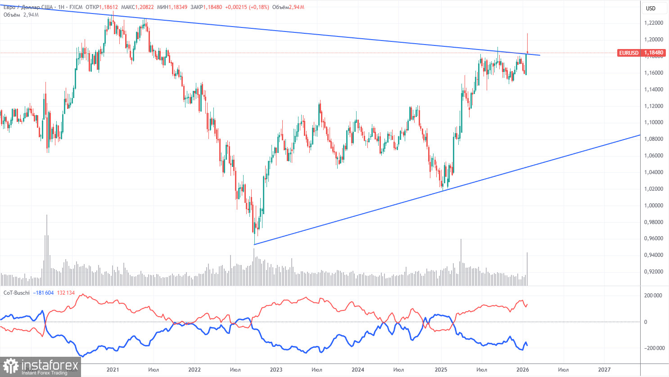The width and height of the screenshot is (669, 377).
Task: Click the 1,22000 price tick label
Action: point(653,23)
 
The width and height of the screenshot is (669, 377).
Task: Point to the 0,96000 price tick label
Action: point(653,238)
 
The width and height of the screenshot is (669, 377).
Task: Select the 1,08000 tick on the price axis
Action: point(653,139)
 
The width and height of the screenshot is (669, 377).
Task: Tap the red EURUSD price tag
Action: point(628,53)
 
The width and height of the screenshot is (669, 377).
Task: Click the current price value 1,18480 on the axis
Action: point(654,53)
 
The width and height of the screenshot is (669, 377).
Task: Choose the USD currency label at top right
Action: point(651,9)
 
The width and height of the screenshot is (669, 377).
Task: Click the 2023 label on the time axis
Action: point(276,370)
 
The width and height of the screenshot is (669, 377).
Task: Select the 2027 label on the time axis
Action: point(604,370)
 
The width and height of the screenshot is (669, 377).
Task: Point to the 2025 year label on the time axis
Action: point(441,370)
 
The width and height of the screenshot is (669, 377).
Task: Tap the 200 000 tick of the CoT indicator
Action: point(653,296)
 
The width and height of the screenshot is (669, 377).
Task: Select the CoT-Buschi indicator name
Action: point(17,293)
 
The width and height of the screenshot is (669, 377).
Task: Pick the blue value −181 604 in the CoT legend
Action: point(43,293)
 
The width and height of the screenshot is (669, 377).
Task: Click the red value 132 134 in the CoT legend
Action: point(66,293)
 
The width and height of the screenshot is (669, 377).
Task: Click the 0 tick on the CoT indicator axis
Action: point(646,322)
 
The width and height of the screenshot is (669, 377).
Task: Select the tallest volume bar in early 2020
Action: point(46,250)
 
